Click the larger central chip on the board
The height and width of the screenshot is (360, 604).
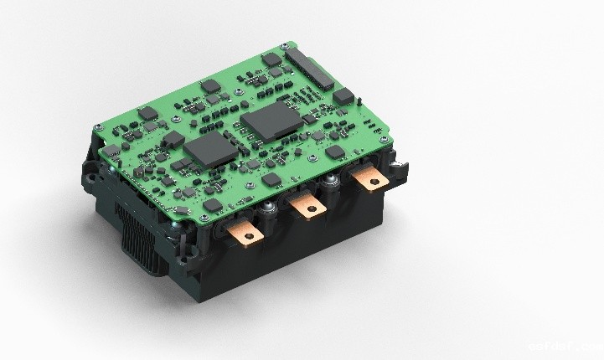point(267,121)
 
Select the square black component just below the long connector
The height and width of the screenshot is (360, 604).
point(343,95)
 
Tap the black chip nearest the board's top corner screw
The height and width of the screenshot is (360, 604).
point(272,59)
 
